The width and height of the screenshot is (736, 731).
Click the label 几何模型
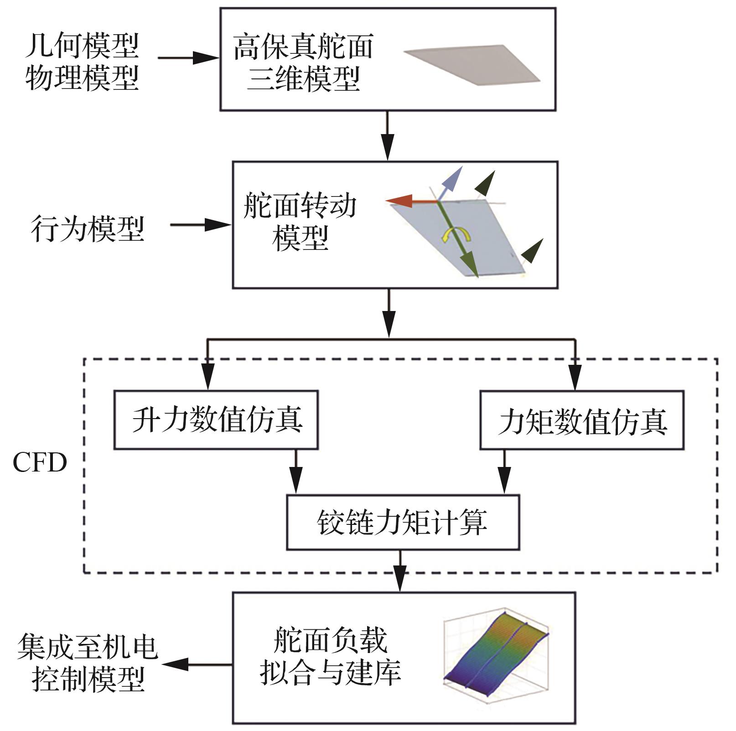[82, 46]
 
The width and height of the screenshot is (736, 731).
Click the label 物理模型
[82, 78]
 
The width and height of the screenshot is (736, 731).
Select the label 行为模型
[88, 228]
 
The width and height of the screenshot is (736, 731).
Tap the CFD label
[40, 463]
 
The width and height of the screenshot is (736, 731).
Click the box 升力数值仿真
[216, 420]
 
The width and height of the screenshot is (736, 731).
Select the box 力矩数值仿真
[582, 420]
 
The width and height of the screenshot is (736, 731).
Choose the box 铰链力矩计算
[403, 522]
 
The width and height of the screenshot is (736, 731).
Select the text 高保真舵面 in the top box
[303, 47]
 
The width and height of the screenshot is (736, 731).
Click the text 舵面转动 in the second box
[300, 206]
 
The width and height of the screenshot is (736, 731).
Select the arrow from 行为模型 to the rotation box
[201, 225]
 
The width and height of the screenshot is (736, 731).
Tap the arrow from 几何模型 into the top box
[189, 58]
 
